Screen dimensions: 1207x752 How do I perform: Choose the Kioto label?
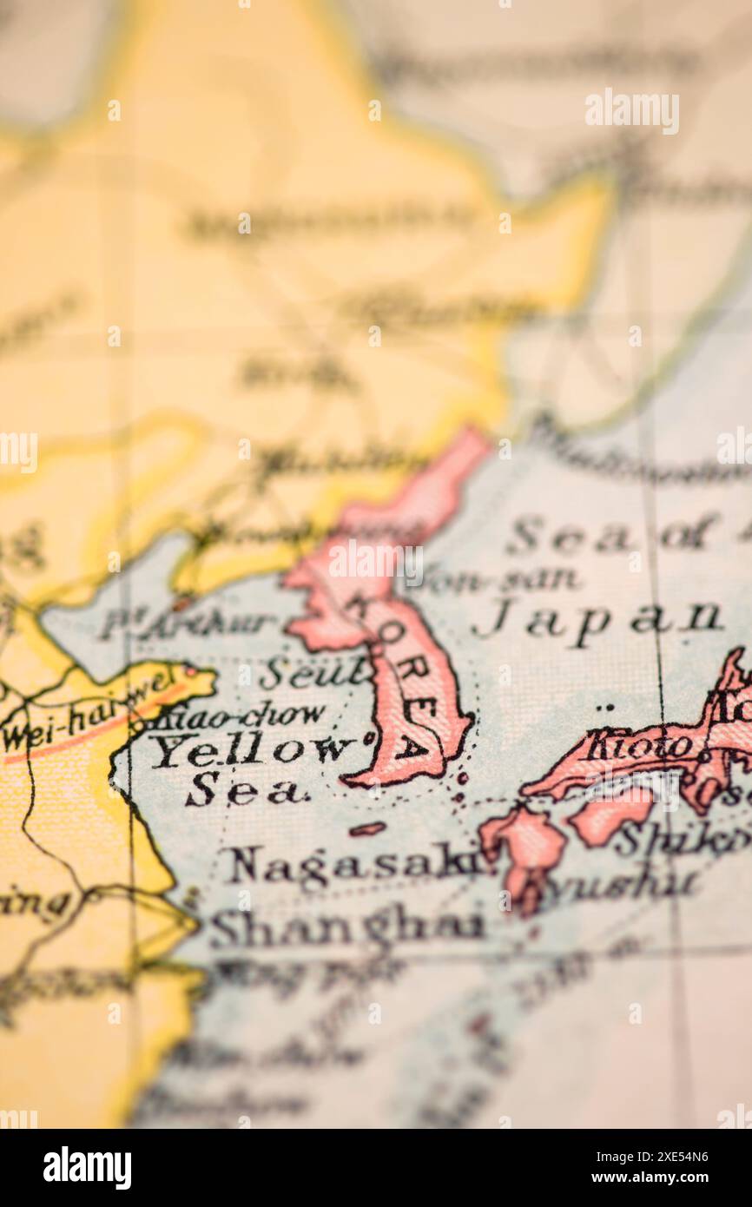[x=638, y=744]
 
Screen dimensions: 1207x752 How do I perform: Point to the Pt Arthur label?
[x=186, y=623]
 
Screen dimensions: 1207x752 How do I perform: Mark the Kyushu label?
[x=620, y=883]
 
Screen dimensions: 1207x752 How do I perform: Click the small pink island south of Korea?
[x=367, y=829]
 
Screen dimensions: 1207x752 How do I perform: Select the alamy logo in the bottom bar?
[x=87, y=1168]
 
